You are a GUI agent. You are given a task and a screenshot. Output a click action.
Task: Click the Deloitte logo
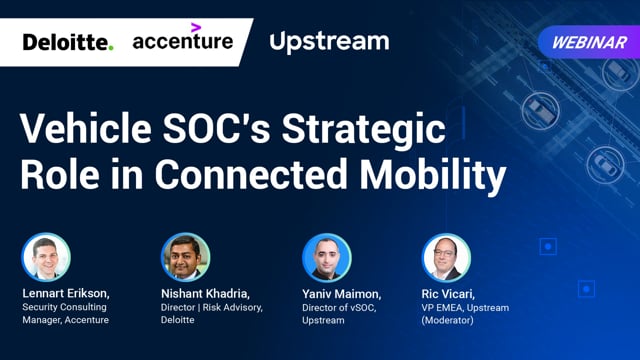[68, 42]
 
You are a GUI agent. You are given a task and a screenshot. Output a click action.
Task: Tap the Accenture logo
[183, 42]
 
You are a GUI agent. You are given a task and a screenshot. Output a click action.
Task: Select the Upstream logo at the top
[329, 42]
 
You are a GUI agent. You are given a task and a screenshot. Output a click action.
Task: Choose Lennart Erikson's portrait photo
[46, 258]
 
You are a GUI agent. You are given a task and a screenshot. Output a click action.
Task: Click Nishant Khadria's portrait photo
[186, 258]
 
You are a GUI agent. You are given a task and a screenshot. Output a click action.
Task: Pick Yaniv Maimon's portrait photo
[326, 258]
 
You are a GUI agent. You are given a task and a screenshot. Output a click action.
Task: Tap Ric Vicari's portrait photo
[446, 258]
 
